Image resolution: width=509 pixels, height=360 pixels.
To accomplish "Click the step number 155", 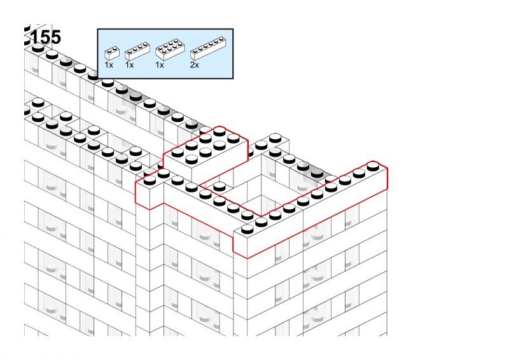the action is point(45,37).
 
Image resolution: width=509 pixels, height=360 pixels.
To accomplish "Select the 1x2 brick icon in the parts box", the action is point(112,53).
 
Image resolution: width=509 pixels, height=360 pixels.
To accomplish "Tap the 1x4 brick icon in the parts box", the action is point(137,51).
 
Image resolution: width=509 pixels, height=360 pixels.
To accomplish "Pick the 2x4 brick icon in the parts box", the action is point(170,50).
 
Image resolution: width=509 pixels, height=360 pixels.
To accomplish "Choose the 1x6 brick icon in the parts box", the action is point(208,48).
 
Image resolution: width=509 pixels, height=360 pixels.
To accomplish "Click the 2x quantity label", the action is point(195,65).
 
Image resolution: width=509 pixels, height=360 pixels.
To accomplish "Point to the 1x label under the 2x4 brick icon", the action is point(160,65).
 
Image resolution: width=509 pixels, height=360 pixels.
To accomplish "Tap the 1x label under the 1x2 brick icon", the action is point(109,65).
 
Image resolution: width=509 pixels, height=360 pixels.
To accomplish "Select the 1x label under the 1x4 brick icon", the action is point(129,65).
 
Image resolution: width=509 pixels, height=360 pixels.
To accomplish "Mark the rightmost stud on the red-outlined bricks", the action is point(373,167).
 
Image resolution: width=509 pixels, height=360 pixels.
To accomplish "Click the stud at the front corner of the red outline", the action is point(248,229).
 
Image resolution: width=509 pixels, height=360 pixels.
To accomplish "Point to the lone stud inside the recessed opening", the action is point(220,186).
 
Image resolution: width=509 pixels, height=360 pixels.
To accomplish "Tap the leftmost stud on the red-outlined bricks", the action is point(150,180).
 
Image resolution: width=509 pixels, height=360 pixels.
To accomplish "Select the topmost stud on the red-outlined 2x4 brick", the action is point(220,131).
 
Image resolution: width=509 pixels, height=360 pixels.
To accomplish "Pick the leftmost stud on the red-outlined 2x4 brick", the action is point(178,152).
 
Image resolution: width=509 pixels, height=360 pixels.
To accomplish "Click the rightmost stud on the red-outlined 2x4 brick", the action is point(234,138).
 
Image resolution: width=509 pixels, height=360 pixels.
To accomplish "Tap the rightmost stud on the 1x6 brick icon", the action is point(221,39).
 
